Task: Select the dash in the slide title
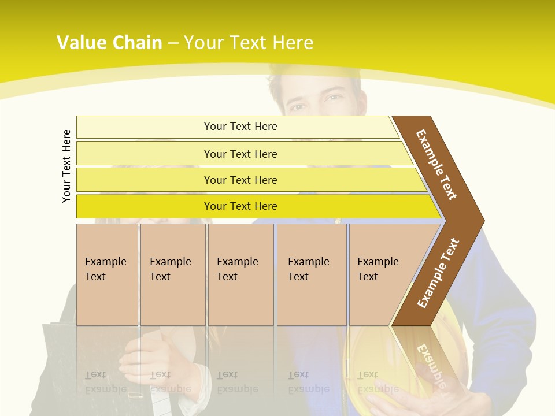[173, 43]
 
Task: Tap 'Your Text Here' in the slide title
[249, 43]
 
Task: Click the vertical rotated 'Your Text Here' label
[66, 166]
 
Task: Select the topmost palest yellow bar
[240, 127]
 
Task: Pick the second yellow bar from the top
[240, 154]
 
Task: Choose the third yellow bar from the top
[240, 180]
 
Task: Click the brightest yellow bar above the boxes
[240, 206]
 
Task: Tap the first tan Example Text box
[107, 274]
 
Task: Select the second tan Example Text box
[172, 274]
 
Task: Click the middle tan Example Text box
[240, 274]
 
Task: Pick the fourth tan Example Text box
[311, 274]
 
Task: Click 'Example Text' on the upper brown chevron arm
[436, 165]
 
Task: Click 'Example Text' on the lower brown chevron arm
[438, 273]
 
